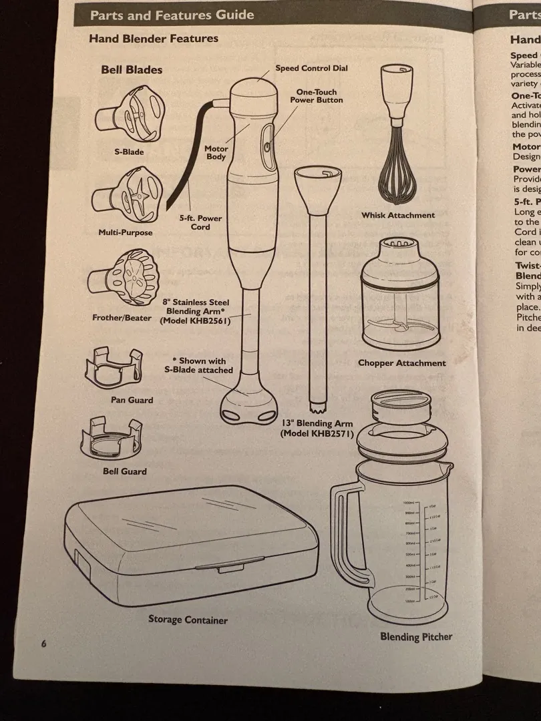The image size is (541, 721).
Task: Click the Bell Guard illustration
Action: (112, 439)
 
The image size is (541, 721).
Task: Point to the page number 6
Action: (43, 644)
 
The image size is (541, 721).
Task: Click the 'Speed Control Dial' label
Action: (311, 68)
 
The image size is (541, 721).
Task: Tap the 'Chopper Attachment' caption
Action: (401, 363)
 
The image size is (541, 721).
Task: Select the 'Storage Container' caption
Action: (188, 620)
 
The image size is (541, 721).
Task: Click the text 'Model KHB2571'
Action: (317, 433)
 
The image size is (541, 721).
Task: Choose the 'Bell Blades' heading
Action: (132, 69)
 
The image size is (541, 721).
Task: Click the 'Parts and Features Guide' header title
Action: (172, 15)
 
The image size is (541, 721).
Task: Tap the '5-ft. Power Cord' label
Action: (200, 222)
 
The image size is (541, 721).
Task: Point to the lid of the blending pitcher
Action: (404, 437)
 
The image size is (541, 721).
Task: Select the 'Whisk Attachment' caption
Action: (398, 215)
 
